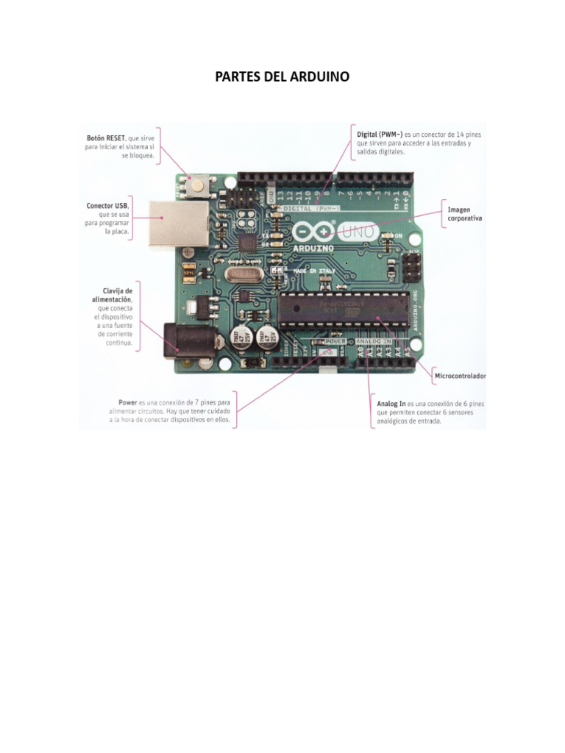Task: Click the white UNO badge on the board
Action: tap(358, 232)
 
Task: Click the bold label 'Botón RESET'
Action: tap(104, 138)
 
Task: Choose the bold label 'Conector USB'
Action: tap(107, 205)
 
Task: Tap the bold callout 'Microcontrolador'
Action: tap(460, 376)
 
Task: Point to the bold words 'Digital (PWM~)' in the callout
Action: tap(380, 135)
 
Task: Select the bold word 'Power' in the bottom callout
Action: tap(129, 403)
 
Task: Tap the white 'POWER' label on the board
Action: tap(335, 342)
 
